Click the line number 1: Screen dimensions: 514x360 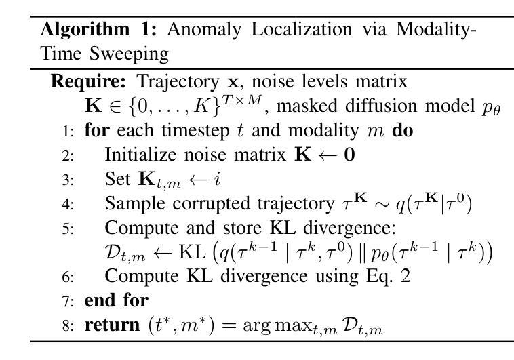[68, 130]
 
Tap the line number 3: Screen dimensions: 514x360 [68, 180]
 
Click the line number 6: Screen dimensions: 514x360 [68, 277]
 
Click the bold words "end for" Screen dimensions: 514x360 [116, 299]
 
